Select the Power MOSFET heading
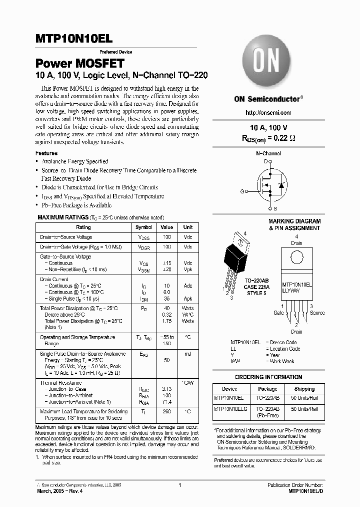pyautogui.click(x=79, y=64)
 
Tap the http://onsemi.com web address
pyautogui.click(x=268, y=113)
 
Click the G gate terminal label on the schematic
pyautogui.click(x=242, y=191)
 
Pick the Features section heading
pyautogui.click(x=46, y=153)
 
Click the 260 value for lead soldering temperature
pyautogui.click(x=166, y=412)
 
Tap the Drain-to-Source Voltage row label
pyautogui.click(x=66, y=237)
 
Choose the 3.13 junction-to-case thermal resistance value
pyautogui.click(x=166, y=389)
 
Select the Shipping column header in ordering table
pyautogui.click(x=304, y=388)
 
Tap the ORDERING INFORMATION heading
pyautogui.click(x=268, y=377)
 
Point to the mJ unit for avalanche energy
pyautogui.click(x=188, y=353)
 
